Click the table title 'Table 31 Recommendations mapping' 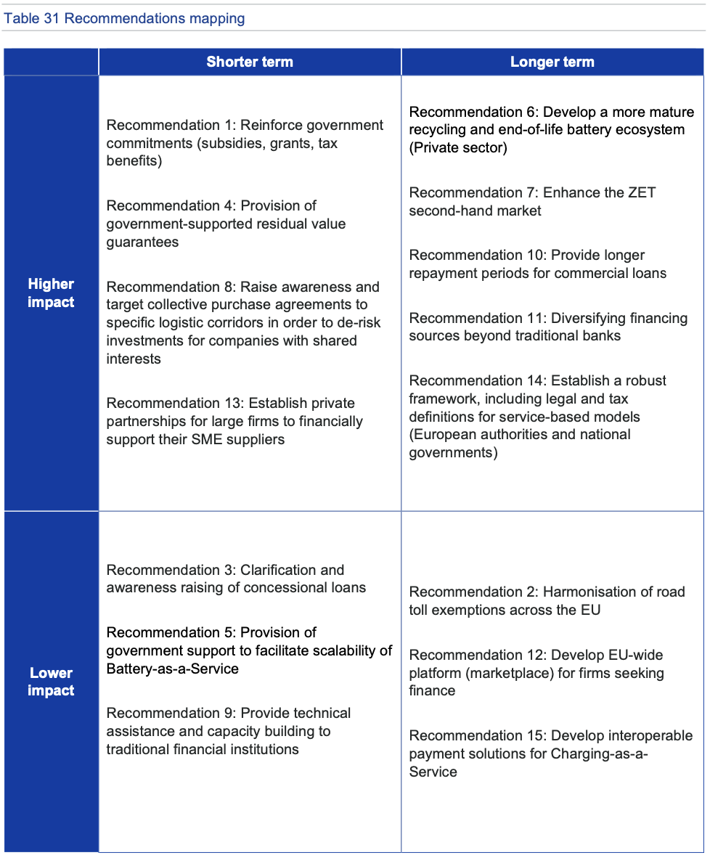point(124,19)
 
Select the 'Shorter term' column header point(250,62)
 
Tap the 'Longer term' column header point(552,62)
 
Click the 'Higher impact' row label point(51,293)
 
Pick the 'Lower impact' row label point(51,682)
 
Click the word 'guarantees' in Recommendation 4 point(142,242)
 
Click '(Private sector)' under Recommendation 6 point(458,148)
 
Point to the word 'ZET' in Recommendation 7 point(640,193)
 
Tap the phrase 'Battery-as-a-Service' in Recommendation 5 point(173,669)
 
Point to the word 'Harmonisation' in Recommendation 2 point(588,592)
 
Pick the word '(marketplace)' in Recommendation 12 point(507,673)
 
